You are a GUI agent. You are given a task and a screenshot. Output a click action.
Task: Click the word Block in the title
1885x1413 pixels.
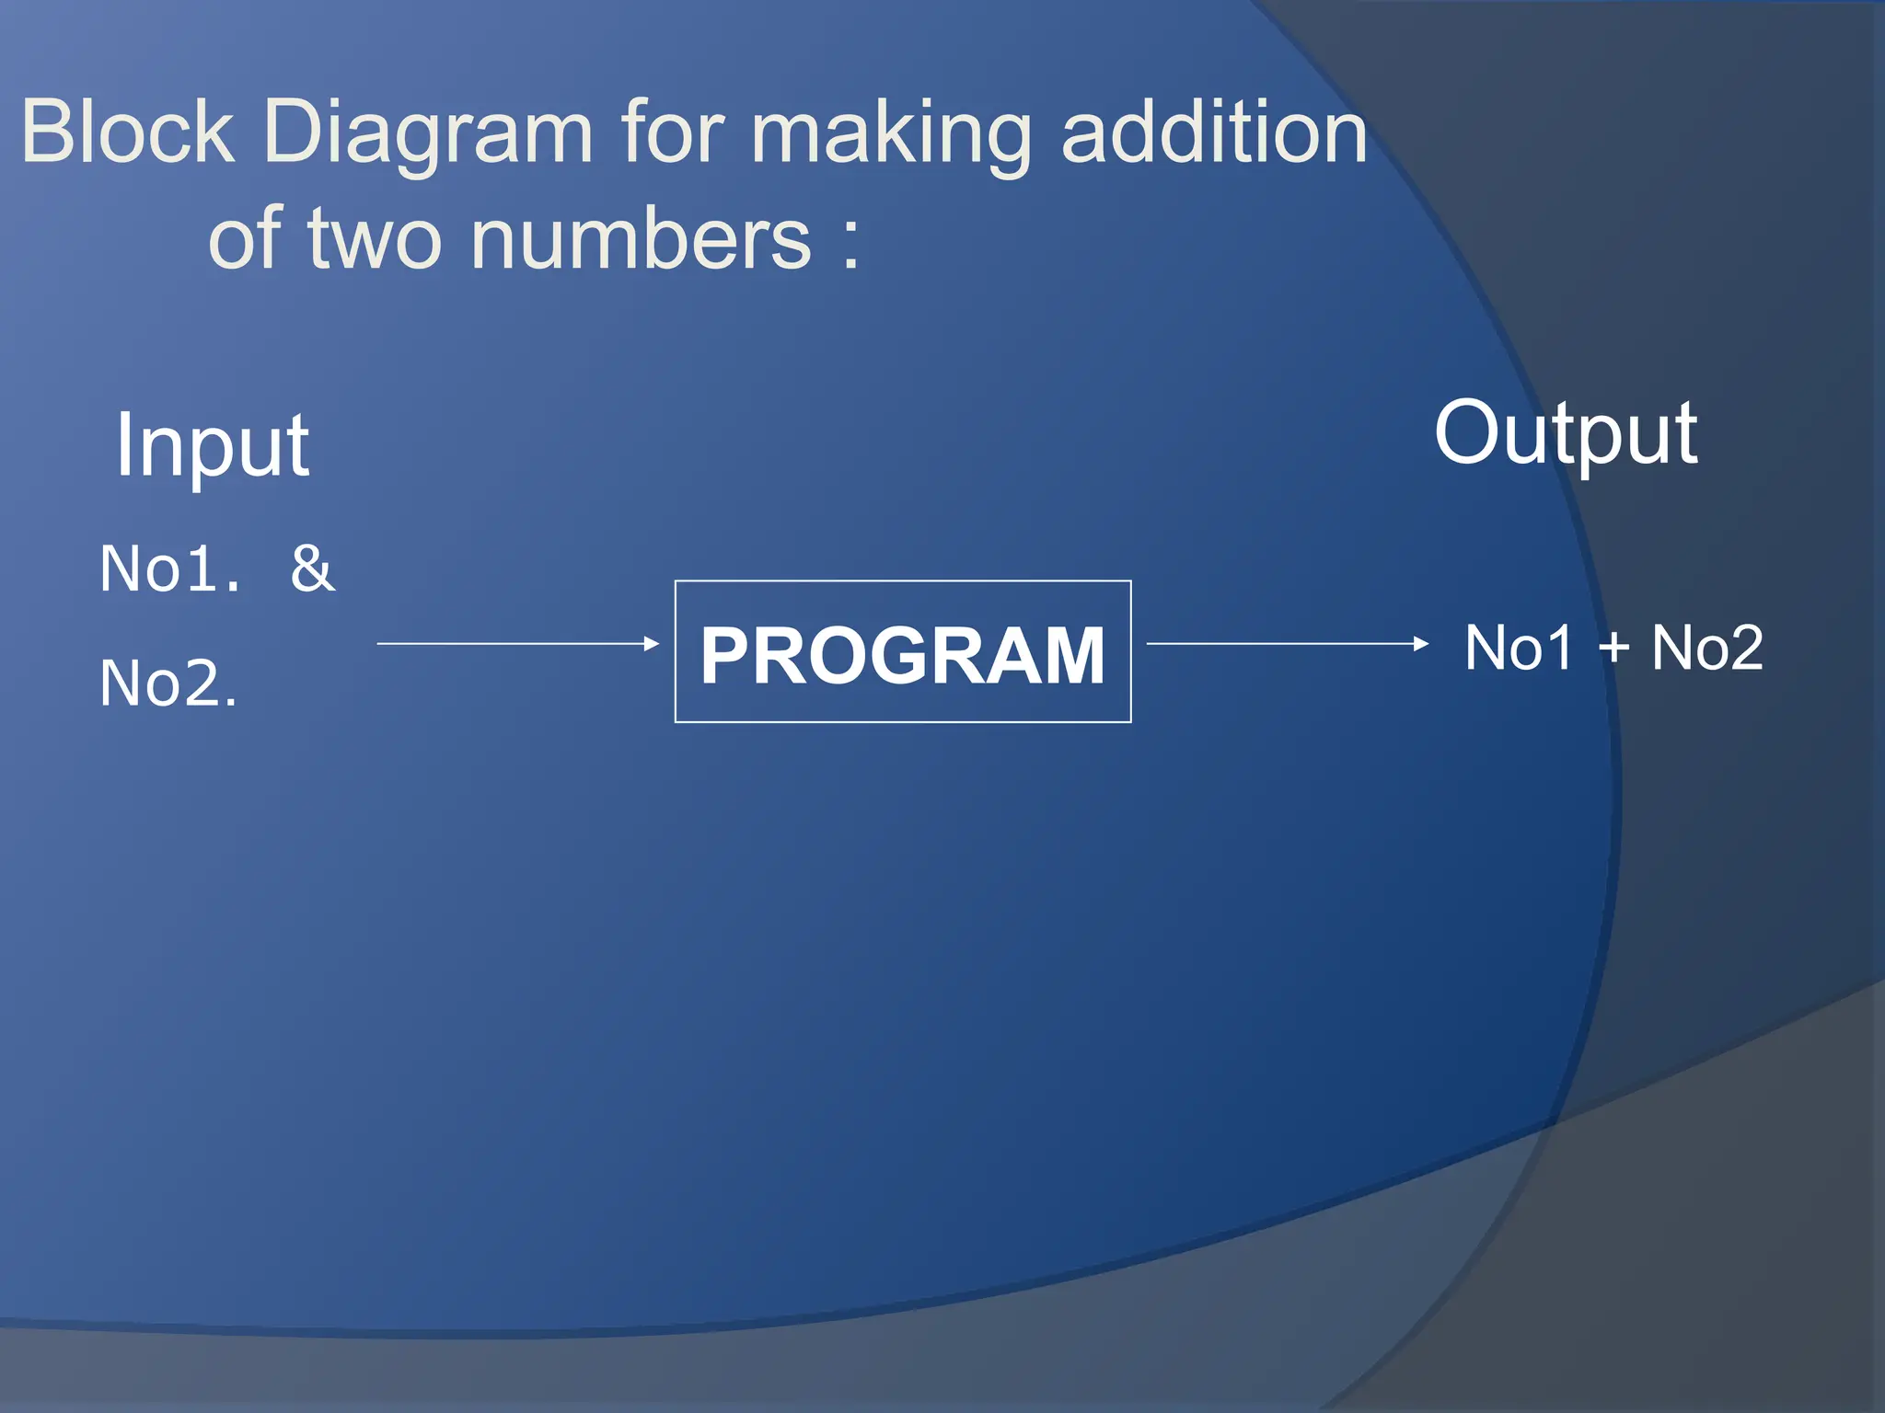coord(128,132)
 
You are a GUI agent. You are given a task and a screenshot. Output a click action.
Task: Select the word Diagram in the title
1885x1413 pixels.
coord(427,136)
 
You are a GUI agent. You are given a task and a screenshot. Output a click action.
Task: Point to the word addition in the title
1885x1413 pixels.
coord(1214,132)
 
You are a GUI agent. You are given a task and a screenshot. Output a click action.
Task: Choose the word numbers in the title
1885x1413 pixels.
coord(642,238)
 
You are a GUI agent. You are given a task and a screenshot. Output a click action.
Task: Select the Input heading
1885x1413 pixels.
coord(213,447)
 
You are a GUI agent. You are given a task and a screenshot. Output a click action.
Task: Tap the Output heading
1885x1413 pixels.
coord(1566,434)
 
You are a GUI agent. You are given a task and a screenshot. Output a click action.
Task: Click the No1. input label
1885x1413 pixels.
coord(170,569)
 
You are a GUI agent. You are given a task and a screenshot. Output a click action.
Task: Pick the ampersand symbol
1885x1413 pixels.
coord(313,569)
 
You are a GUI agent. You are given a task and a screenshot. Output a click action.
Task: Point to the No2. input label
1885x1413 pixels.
coord(168,684)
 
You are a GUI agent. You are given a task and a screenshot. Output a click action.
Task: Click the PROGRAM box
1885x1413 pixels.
coord(903,652)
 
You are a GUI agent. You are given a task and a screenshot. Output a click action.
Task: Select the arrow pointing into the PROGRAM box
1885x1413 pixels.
coord(518,644)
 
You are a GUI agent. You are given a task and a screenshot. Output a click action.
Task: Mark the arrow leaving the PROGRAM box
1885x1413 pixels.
coord(1287,644)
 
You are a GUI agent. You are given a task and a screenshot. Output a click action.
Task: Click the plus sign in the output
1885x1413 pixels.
coord(1613,649)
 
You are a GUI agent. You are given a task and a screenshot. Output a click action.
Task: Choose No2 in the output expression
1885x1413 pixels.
coord(1707,648)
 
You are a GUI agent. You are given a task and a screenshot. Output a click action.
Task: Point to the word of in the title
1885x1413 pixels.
coord(244,238)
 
